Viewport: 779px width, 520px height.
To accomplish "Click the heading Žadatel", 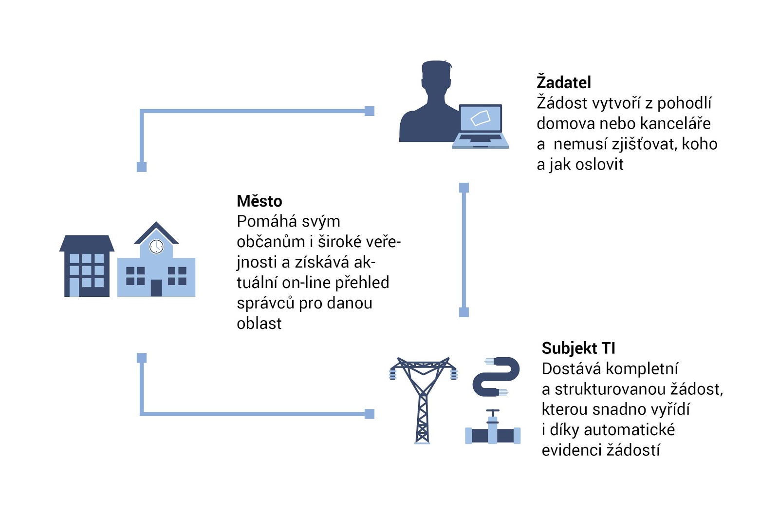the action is pyautogui.click(x=563, y=82).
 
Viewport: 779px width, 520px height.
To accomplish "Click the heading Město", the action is pyautogui.click(x=260, y=201).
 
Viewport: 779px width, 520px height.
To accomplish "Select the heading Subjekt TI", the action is pyautogui.click(x=578, y=348).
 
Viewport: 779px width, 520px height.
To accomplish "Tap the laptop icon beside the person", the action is pyautogui.click(x=481, y=126).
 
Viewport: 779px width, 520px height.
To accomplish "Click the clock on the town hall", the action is pyautogui.click(x=156, y=247).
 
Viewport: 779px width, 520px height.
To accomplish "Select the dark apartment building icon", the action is pyautogui.click(x=87, y=266).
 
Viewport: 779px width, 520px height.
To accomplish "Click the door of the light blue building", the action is pyautogui.click(x=156, y=288).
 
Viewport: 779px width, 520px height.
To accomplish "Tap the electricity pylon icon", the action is pyautogui.click(x=423, y=400).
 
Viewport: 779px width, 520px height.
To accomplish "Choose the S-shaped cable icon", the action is pyautogui.click(x=496, y=377).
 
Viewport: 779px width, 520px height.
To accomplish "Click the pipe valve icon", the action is pyautogui.click(x=493, y=427).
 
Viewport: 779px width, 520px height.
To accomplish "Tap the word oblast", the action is pyautogui.click(x=259, y=323).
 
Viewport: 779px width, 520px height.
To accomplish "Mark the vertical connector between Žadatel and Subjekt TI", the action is pyautogui.click(x=464, y=250).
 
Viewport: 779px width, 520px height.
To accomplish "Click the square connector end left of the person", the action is pyautogui.click(x=370, y=111).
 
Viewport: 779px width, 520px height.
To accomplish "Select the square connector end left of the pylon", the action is pyautogui.click(x=370, y=414).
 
